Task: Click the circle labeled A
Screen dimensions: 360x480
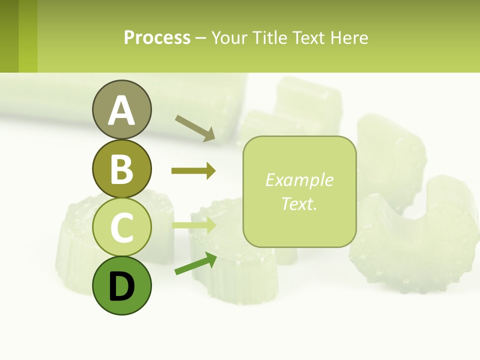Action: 121,109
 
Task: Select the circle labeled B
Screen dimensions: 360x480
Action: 121,168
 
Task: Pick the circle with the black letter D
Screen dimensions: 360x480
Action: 121,285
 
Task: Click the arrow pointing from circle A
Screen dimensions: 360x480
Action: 195,127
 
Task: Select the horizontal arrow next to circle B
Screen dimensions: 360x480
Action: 193,171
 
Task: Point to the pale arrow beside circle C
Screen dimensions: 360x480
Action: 194,225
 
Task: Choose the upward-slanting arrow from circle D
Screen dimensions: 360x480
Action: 195,264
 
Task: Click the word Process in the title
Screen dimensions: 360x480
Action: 157,38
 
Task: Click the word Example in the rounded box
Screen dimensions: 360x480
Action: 299,180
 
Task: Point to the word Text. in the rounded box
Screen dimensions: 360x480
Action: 299,203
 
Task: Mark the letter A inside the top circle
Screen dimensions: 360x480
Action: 121,110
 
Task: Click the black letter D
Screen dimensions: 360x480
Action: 121,286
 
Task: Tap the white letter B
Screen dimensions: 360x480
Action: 121,169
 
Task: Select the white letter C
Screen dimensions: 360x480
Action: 121,227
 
